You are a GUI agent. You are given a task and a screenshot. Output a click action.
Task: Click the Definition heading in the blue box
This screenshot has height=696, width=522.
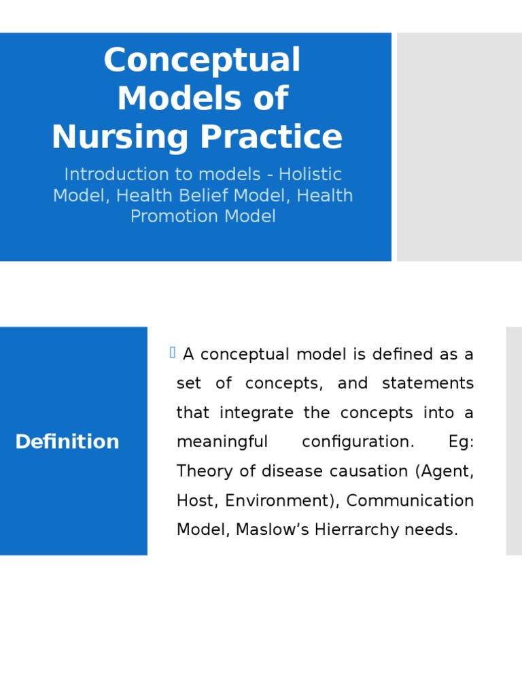[67, 442]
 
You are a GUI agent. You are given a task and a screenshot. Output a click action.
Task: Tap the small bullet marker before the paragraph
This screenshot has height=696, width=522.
[173, 352]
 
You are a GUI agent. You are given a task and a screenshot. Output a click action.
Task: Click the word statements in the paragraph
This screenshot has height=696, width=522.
[428, 383]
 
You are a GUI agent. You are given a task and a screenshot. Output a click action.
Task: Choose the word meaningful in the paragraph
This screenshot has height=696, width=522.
[222, 442]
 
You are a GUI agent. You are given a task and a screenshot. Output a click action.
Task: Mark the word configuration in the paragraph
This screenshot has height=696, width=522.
[358, 442]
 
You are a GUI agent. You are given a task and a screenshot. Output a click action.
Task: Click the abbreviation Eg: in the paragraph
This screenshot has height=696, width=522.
[461, 442]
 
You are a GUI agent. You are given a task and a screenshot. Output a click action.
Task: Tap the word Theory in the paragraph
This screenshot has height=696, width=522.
[198, 471]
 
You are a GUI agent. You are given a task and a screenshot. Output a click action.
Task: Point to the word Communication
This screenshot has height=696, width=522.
[410, 500]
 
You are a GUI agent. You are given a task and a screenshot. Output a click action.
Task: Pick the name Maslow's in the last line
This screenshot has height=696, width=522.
[272, 529]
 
